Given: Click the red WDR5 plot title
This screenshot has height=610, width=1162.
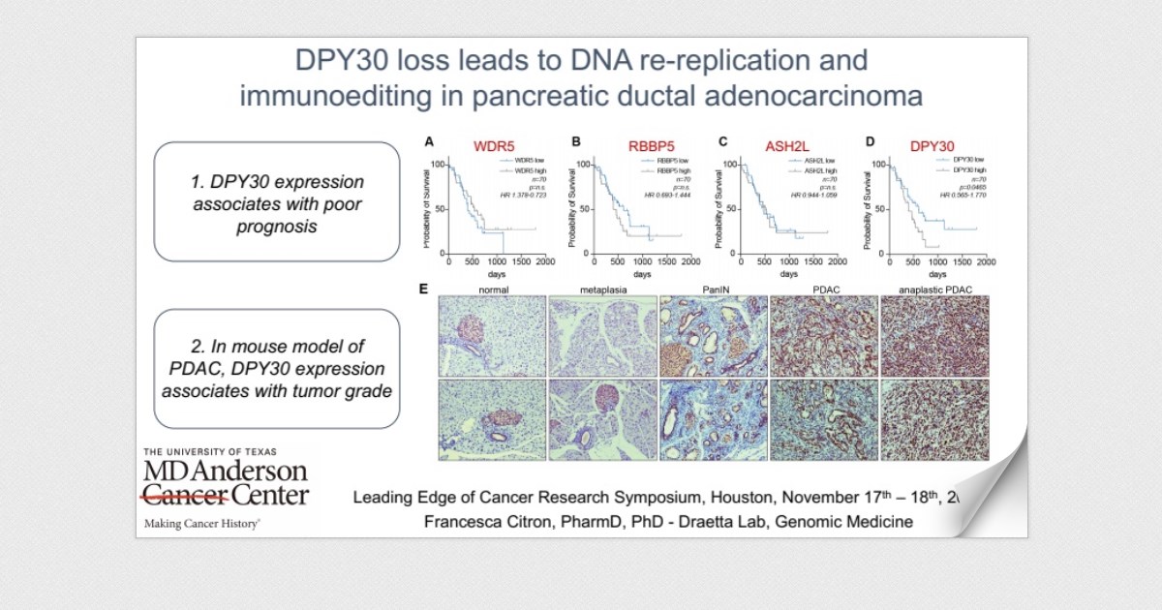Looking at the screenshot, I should point(493,146).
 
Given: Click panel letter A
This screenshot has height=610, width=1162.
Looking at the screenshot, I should point(427,141).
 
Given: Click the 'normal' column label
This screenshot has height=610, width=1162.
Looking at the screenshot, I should point(492,289).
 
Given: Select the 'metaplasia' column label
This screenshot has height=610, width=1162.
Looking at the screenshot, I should point(603,289).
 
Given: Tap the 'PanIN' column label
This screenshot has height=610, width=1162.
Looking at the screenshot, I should point(714,289).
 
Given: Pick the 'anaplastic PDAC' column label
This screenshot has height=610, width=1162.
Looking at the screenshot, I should point(934,289).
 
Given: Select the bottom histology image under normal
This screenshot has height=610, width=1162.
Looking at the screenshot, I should point(492,419).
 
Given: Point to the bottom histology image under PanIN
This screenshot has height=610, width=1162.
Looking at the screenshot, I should point(714,419).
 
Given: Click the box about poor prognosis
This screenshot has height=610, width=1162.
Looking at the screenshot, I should point(277,201).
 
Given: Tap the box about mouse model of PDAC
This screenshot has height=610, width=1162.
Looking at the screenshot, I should point(277,369).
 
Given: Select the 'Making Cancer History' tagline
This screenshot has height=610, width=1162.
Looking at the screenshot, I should point(201,523).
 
